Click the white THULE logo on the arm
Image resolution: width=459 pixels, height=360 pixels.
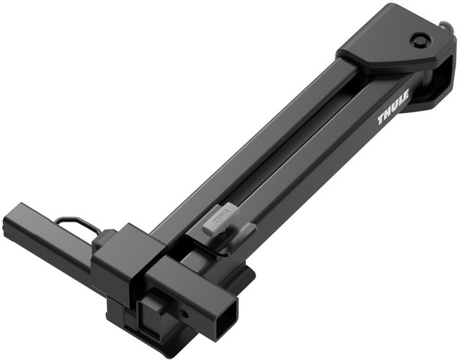pyautogui.click(x=393, y=108)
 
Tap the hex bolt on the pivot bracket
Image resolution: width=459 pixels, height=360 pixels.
pyautogui.click(x=420, y=40)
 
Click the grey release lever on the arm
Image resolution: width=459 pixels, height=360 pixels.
pyautogui.click(x=220, y=220)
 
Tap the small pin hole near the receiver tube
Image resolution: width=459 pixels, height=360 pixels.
pyautogui.click(x=184, y=314)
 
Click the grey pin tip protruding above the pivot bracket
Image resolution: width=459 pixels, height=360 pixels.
pyautogui.click(x=445, y=27)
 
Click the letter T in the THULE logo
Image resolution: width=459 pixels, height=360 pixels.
pyautogui.click(x=382, y=119)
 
